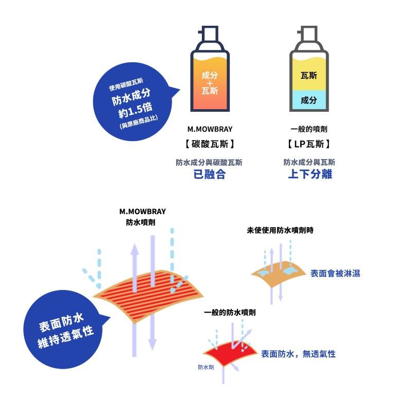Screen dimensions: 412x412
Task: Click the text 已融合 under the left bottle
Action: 210,174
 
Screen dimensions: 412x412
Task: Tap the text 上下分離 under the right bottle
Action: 310,174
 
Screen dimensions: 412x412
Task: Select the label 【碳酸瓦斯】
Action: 210,144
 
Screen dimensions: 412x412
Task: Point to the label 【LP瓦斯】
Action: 308,144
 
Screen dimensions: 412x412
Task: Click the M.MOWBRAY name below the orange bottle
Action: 210,129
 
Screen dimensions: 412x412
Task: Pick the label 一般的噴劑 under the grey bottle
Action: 309,129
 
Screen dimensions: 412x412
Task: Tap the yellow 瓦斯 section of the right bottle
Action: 309,74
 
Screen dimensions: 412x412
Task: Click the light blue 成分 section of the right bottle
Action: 309,100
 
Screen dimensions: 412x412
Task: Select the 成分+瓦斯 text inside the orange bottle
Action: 210,83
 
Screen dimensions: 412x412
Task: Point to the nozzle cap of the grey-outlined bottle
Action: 308,33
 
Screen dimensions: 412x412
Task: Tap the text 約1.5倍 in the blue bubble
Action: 135,110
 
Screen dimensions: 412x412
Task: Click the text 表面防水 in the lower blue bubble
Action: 61,322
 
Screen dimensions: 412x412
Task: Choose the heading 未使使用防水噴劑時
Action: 280,230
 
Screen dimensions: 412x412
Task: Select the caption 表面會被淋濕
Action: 335,273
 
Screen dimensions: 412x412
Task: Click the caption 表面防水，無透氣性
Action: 298,354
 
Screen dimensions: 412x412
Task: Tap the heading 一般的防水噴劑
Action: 230,313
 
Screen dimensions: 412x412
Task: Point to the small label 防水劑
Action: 205,367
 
